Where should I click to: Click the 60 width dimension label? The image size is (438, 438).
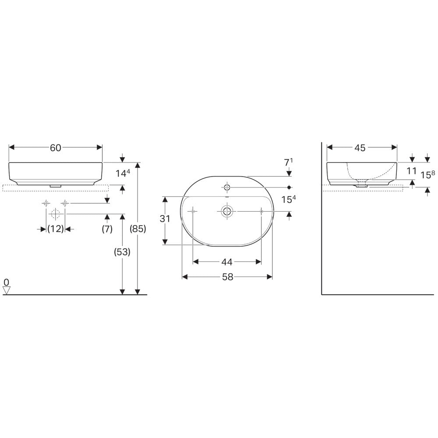[x=55, y=148]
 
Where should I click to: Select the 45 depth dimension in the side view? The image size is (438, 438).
[x=360, y=148]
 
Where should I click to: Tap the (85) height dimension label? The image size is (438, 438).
[x=138, y=229]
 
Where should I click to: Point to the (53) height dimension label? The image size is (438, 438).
[x=122, y=252]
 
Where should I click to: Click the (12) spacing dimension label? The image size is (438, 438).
[x=56, y=229]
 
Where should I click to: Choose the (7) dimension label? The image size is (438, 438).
[x=107, y=229]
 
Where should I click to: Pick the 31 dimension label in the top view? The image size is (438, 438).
[x=165, y=219]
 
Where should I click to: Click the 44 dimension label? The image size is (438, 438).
[x=227, y=262]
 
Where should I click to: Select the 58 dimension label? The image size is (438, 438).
[x=228, y=277]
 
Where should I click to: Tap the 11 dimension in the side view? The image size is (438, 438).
[x=411, y=171]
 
